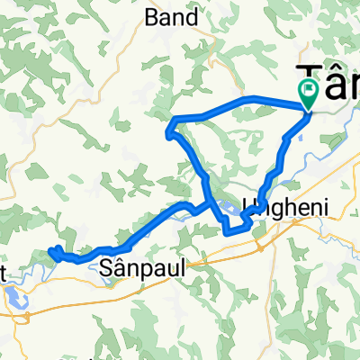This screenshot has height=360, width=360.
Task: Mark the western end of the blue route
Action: (x=51, y=253)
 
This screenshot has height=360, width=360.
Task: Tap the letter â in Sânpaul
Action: (x=119, y=267)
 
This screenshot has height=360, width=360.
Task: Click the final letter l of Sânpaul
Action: (x=165, y=267)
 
